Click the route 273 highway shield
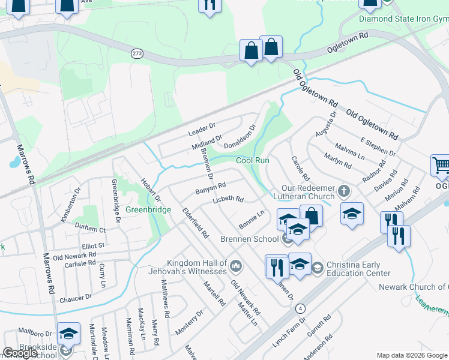(x=137, y=54)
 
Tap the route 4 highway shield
(x=301, y=308)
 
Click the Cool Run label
(x=252, y=161)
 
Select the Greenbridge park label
(x=148, y=210)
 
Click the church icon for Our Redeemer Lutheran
(x=344, y=191)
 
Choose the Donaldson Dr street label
(x=240, y=137)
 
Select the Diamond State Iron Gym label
(x=403, y=19)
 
